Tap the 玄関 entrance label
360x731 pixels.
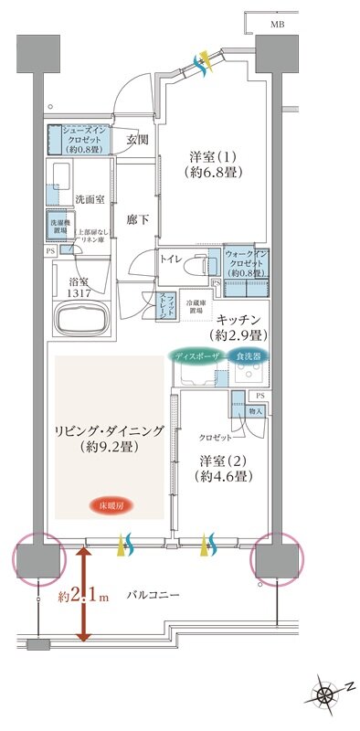(137, 140)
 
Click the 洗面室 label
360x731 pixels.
(66, 197)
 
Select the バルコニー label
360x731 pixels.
(153, 596)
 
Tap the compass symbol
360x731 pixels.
(326, 694)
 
